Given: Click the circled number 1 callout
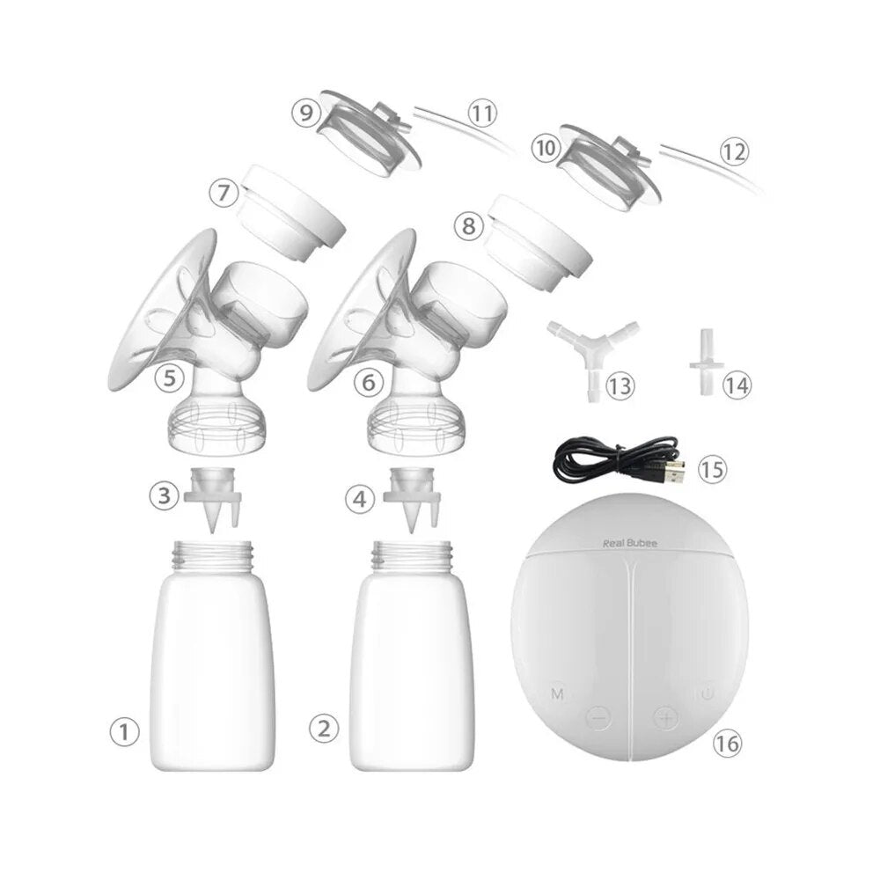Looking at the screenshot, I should [125, 730].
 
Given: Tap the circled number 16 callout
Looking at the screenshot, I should [726, 744].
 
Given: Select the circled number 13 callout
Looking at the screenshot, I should [620, 386].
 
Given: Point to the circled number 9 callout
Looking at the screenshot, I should [307, 114].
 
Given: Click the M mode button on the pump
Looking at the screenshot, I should [557, 694].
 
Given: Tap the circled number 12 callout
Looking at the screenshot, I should [733, 150].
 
